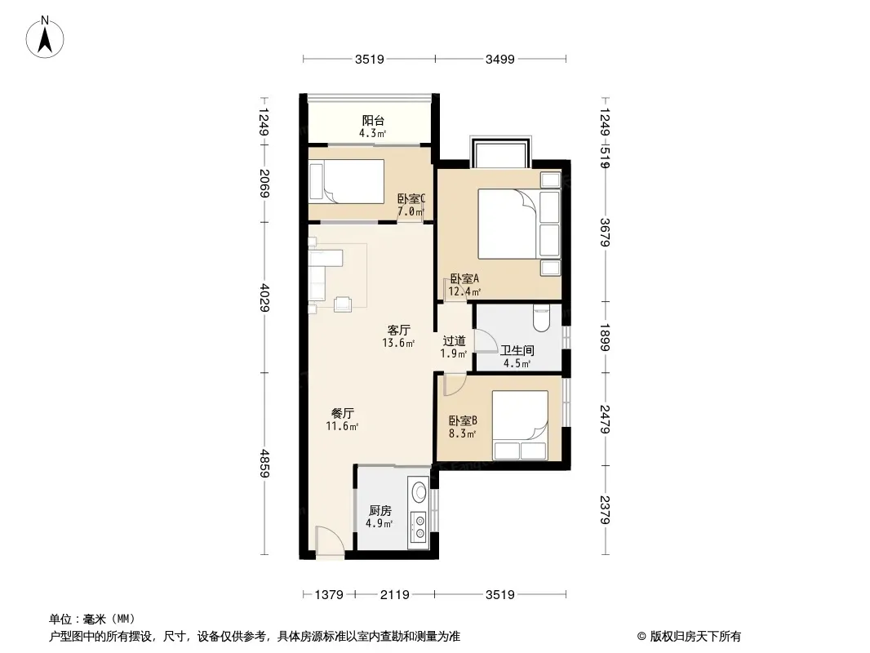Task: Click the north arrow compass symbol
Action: (x=47, y=36)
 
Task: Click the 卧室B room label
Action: (x=463, y=421)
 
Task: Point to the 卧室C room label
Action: (x=411, y=199)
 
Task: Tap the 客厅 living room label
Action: (x=398, y=331)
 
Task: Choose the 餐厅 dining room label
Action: (x=343, y=413)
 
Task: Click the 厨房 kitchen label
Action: (x=380, y=511)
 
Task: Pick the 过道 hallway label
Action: (x=454, y=341)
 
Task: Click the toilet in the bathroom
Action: (x=541, y=314)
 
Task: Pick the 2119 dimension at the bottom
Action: (x=394, y=594)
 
